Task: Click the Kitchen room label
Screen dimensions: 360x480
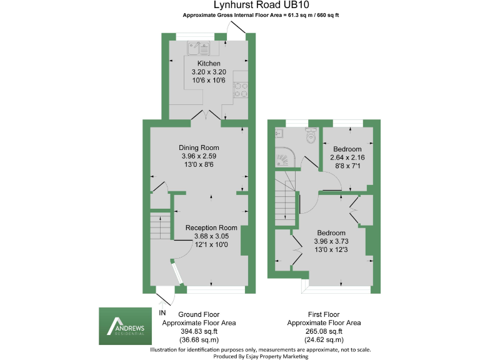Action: [209, 64]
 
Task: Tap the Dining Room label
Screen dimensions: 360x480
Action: [199, 147]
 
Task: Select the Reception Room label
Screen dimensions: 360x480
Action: [211, 227]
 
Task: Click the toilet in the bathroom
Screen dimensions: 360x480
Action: [309, 135]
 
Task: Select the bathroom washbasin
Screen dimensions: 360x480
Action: [279, 132]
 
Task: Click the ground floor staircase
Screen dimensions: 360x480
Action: [160, 226]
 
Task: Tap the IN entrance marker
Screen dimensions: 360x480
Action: [162, 312]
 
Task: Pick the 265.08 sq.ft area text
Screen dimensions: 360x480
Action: [323, 331]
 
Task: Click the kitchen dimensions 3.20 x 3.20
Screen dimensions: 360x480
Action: [209, 72]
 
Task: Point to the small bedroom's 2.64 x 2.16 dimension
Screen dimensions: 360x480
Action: [347, 157]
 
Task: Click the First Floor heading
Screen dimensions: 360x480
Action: [323, 314]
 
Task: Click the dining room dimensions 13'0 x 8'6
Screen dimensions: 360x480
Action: [199, 164]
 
